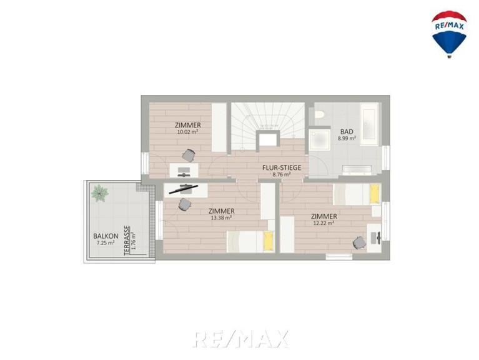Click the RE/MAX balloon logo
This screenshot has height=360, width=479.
pos(449,34)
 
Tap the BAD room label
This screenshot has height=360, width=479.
pos(347,132)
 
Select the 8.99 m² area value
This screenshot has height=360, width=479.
pos(347,138)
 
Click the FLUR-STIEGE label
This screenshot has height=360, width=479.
pos(282,167)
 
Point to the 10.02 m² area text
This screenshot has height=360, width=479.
pos(188,132)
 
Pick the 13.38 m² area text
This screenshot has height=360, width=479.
pos(221,218)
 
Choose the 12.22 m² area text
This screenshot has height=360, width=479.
pos(324,223)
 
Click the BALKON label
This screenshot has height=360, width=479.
pos(106,236)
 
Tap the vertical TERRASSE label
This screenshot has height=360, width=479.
pos(127,241)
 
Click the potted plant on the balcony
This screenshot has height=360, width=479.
pos(99,193)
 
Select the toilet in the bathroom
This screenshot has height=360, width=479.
pos(319,114)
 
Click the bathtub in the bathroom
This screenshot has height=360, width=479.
pos(369,124)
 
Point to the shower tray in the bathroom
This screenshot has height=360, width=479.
pos(320,140)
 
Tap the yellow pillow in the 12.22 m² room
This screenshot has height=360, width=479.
pos(374,194)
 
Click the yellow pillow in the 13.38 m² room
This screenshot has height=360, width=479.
pos(268,241)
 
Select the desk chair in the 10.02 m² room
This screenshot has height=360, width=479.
pos(189,156)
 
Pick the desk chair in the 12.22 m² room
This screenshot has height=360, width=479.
pos(359,242)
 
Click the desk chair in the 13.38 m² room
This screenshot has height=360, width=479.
pos(184,204)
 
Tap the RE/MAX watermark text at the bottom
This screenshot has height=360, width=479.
pos(240,339)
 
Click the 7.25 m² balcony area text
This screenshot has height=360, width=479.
pos(106,243)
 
